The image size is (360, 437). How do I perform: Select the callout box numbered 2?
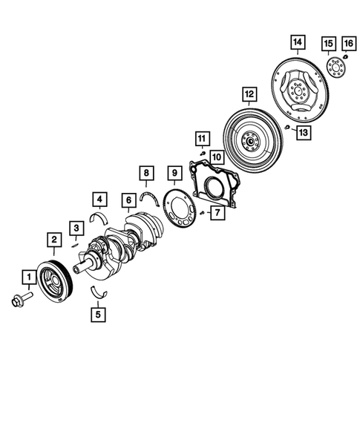[54, 239]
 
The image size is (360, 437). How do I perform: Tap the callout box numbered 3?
[76, 227]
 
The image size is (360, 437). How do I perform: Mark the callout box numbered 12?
[249, 94]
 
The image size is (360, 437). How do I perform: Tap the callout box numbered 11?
[200, 137]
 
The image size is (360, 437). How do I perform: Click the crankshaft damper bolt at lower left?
[22, 300]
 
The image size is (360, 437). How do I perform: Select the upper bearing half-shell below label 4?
[99, 217]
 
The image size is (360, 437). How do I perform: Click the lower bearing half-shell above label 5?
[99, 291]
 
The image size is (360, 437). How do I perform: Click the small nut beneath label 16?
[346, 56]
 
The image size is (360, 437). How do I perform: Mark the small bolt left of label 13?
[286, 128]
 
